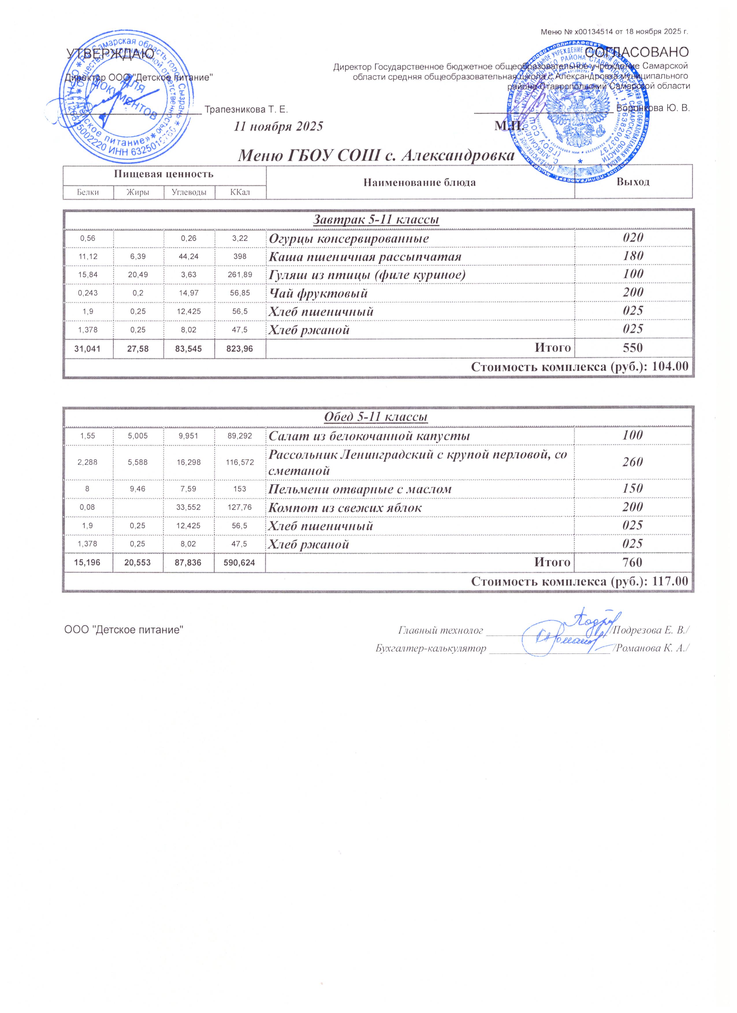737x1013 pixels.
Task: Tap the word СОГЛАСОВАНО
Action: [x=636, y=52]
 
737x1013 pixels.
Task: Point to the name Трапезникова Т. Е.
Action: [x=246, y=109]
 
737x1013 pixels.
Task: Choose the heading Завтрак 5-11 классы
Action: [x=375, y=220]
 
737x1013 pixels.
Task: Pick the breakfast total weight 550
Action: [x=632, y=348]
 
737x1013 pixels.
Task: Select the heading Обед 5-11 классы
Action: [x=375, y=417]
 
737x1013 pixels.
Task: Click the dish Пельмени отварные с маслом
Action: [x=359, y=489]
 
